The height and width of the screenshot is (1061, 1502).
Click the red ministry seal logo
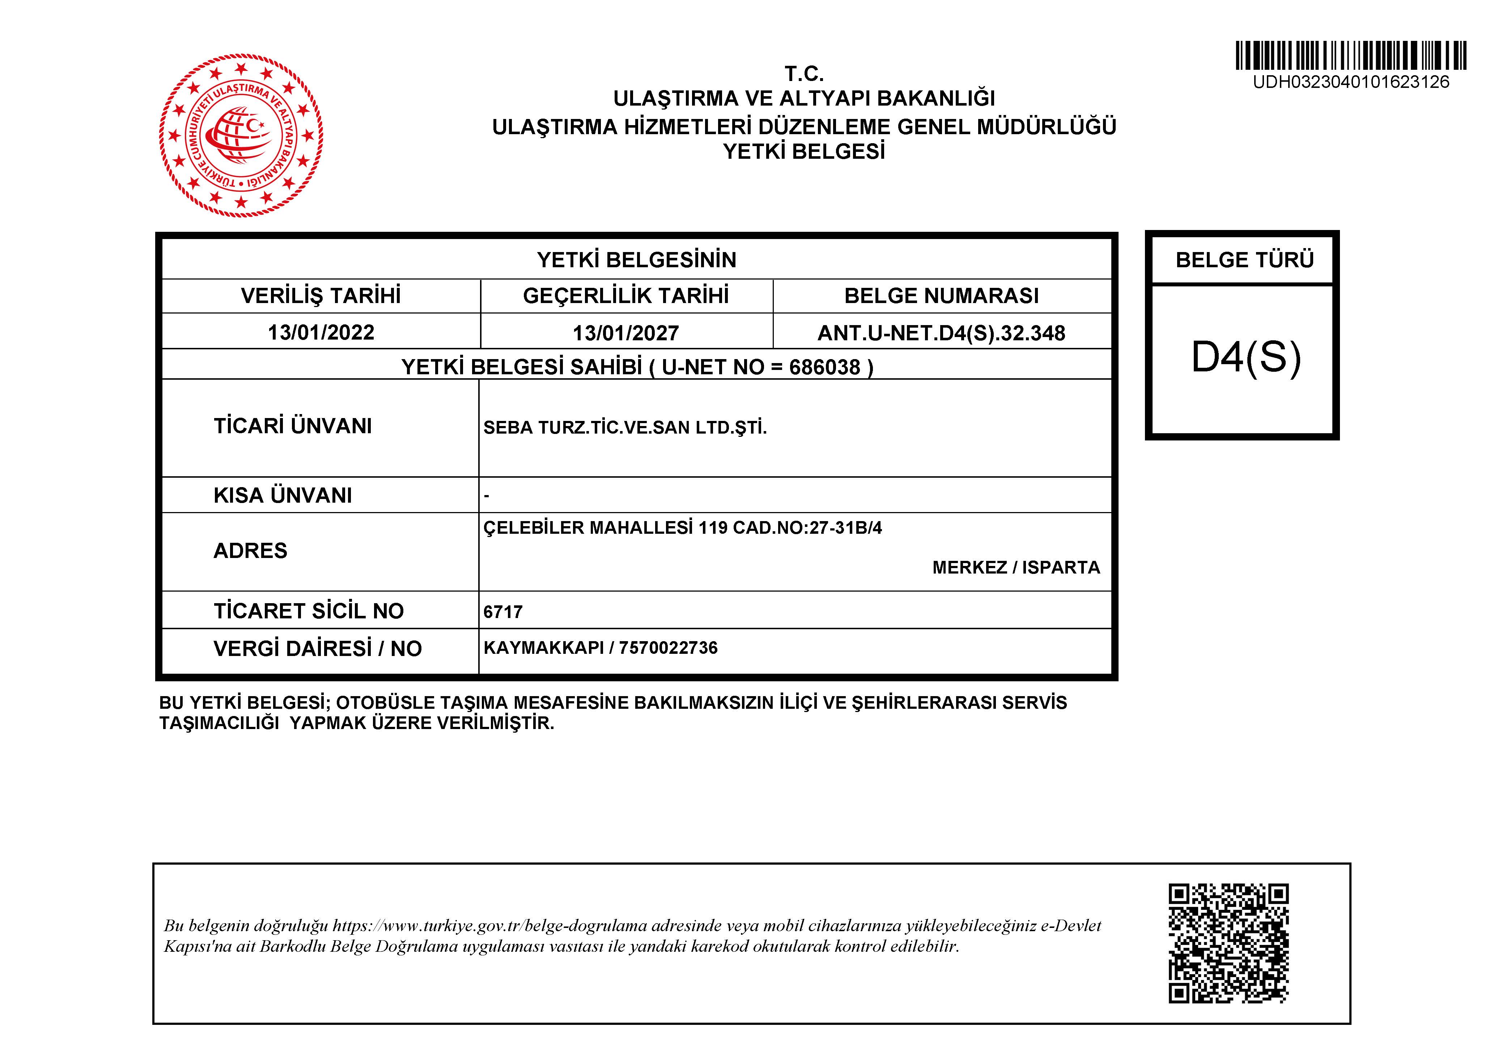(x=241, y=135)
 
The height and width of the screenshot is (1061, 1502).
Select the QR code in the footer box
(x=1228, y=943)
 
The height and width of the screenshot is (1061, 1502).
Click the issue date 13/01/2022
(x=321, y=332)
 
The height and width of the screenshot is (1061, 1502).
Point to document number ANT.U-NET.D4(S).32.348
(x=941, y=333)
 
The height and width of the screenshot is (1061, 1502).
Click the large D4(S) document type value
(x=1246, y=358)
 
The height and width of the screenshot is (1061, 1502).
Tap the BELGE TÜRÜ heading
(x=1244, y=260)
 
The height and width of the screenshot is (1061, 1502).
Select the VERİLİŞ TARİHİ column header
(x=321, y=296)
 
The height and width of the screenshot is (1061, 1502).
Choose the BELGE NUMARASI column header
(x=941, y=296)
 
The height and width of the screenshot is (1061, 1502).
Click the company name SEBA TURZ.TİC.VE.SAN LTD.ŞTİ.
(x=625, y=428)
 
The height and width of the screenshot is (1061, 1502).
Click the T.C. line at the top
(x=804, y=73)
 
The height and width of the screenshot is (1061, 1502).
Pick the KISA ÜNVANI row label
(x=283, y=495)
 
